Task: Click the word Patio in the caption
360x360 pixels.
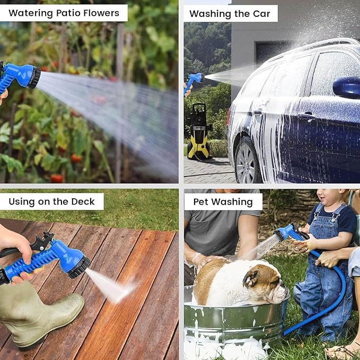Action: (x=68, y=13)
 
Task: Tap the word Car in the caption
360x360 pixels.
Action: (x=261, y=14)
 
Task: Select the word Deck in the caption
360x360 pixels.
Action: (x=83, y=201)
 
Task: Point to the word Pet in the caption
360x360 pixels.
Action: (x=201, y=202)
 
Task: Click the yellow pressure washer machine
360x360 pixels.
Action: (x=199, y=131)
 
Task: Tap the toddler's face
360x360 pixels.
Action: (x=329, y=197)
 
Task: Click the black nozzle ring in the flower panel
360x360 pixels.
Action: (x=35, y=77)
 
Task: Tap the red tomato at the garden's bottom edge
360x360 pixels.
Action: (x=57, y=178)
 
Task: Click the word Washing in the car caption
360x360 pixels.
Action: (x=210, y=14)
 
